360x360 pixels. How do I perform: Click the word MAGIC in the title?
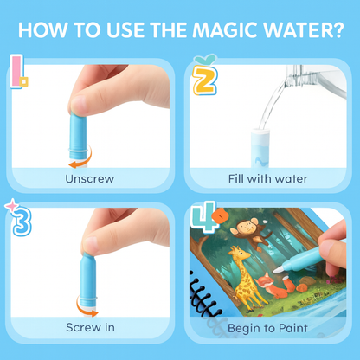[x=225, y=29]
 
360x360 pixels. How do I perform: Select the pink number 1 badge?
[x=19, y=72]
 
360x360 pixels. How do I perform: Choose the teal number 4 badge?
[x=204, y=217]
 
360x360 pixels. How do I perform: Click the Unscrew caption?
[x=90, y=179]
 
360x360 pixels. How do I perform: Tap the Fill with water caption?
[x=267, y=179]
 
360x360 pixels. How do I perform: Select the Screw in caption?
[x=90, y=327]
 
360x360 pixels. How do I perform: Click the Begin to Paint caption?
[x=267, y=328]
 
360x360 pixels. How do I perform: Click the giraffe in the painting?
[x=245, y=277]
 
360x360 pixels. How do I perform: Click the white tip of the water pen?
[x=277, y=270]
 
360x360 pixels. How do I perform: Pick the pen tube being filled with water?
[x=260, y=148]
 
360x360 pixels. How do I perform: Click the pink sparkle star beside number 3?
[x=11, y=206]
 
